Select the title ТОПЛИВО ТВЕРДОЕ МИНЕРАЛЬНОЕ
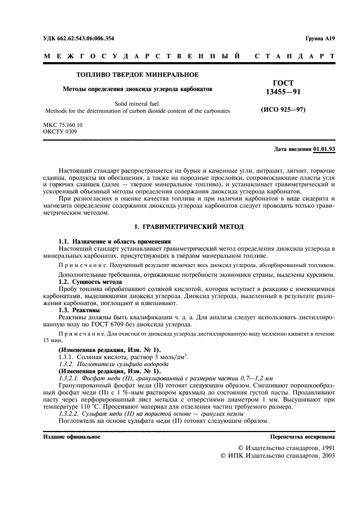coord(137,74)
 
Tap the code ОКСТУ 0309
coord(60,131)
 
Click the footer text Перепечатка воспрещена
coord(302,437)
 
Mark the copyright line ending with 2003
coord(277,456)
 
